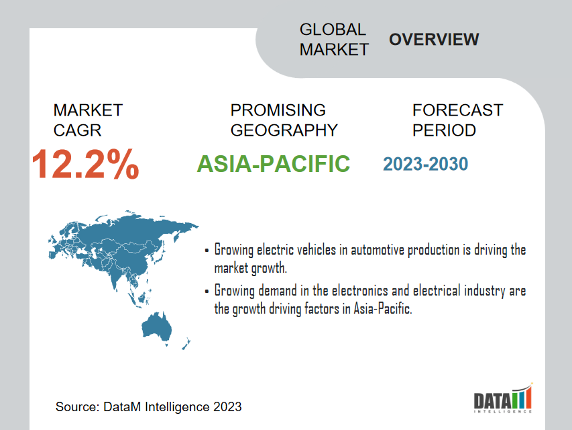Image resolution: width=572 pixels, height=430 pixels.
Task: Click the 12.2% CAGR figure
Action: (85, 164)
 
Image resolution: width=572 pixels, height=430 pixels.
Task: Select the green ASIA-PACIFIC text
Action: (273, 164)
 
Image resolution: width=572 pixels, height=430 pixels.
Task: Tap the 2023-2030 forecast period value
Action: (425, 164)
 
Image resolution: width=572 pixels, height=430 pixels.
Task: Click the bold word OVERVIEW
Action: (434, 40)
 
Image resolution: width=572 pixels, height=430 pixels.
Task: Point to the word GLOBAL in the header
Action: (333, 30)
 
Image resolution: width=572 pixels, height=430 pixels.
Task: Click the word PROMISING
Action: (278, 110)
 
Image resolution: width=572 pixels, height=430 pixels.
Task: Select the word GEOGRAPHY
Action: (284, 130)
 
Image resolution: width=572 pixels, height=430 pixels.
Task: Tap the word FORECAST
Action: (457, 110)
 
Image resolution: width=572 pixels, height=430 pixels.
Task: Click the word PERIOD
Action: (444, 130)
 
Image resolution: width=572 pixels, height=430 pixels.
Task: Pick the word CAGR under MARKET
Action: (77, 130)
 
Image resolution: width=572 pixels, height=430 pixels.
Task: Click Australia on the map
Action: (156, 325)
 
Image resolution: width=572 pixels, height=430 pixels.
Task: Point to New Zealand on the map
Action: (186, 344)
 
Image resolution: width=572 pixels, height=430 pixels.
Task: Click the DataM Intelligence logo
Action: (503, 398)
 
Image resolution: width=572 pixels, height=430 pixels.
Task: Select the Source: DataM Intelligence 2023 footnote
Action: (148, 406)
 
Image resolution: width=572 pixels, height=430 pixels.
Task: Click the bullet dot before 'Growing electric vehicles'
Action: (207, 251)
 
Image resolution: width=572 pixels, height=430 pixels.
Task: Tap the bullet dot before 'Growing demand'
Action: (207, 292)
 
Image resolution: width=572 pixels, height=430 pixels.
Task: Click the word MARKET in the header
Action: (334, 50)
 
